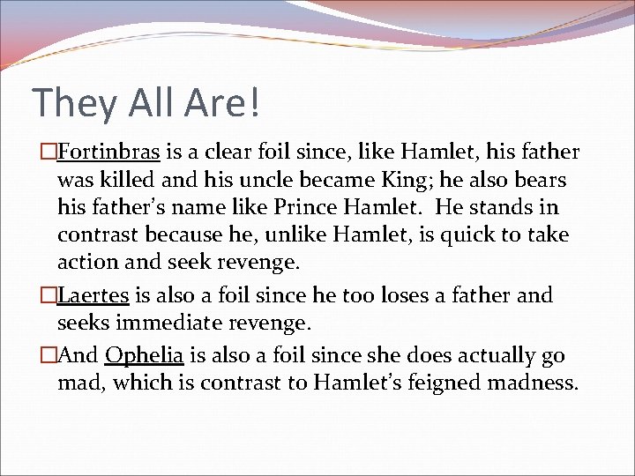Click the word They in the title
pos(74,103)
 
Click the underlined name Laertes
pos(93,295)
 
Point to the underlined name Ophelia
pos(144,356)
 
